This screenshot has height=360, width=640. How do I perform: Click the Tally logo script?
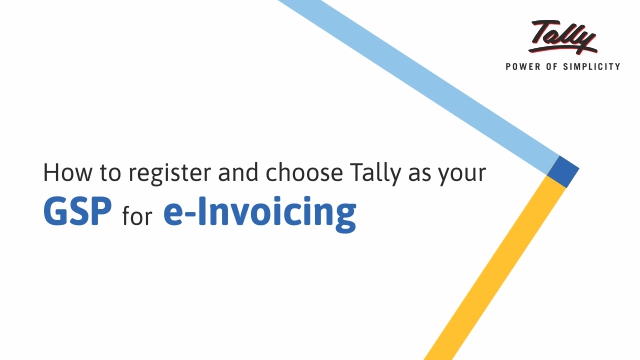[563, 38]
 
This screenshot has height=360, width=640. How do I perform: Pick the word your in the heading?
[462, 174]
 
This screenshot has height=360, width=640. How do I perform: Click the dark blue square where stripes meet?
[563, 172]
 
